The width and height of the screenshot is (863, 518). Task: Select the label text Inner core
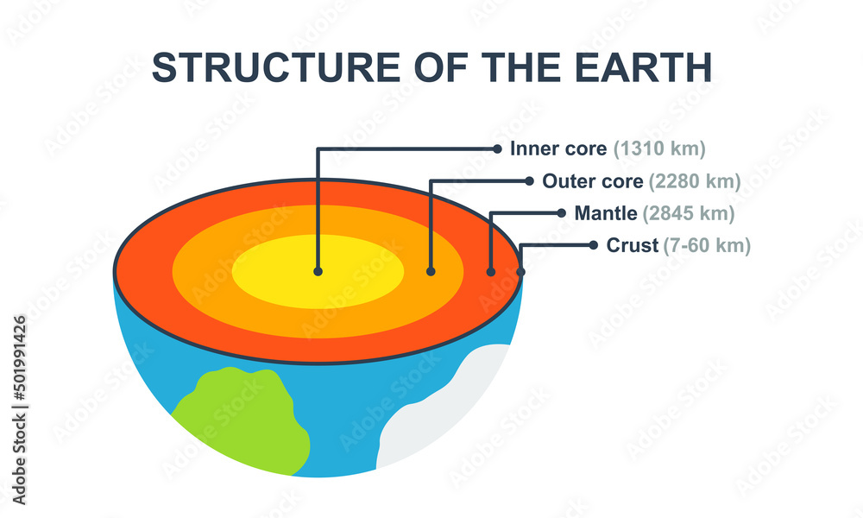click(x=558, y=148)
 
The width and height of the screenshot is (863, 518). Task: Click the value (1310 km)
click(x=660, y=148)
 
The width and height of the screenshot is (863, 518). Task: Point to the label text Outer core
click(x=593, y=181)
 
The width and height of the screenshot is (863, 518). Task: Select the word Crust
click(x=633, y=245)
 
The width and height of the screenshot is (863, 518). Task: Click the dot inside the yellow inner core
click(x=318, y=271)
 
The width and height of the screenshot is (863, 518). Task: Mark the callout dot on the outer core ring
click(x=431, y=271)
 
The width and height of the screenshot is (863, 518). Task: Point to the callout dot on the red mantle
click(x=491, y=272)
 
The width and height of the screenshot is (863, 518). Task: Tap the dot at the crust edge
click(x=521, y=273)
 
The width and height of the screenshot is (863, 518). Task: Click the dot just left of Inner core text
click(x=497, y=148)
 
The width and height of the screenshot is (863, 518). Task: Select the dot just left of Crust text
click(x=593, y=245)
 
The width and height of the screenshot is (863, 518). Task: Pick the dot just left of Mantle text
click(x=561, y=213)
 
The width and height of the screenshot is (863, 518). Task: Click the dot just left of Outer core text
click(x=530, y=181)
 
